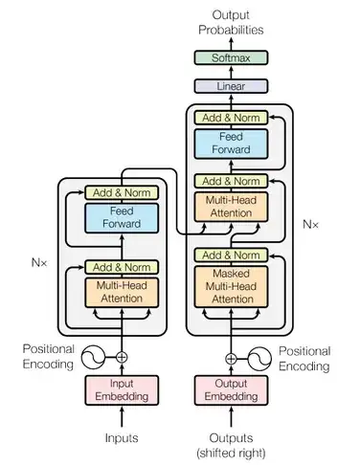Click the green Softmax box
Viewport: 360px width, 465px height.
click(x=230, y=58)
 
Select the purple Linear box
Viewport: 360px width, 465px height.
click(x=230, y=86)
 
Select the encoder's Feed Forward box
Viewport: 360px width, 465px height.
click(x=122, y=217)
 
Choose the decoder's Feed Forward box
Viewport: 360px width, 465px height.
click(x=230, y=144)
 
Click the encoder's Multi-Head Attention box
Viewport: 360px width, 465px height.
click(x=122, y=292)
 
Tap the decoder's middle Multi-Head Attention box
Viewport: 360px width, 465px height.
click(x=230, y=207)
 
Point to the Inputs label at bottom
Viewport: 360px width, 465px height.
click(x=122, y=437)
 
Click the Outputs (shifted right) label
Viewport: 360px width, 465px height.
click(x=230, y=444)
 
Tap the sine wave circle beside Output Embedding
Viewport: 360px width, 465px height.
click(x=259, y=358)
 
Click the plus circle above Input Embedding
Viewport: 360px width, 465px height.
click(x=122, y=358)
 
